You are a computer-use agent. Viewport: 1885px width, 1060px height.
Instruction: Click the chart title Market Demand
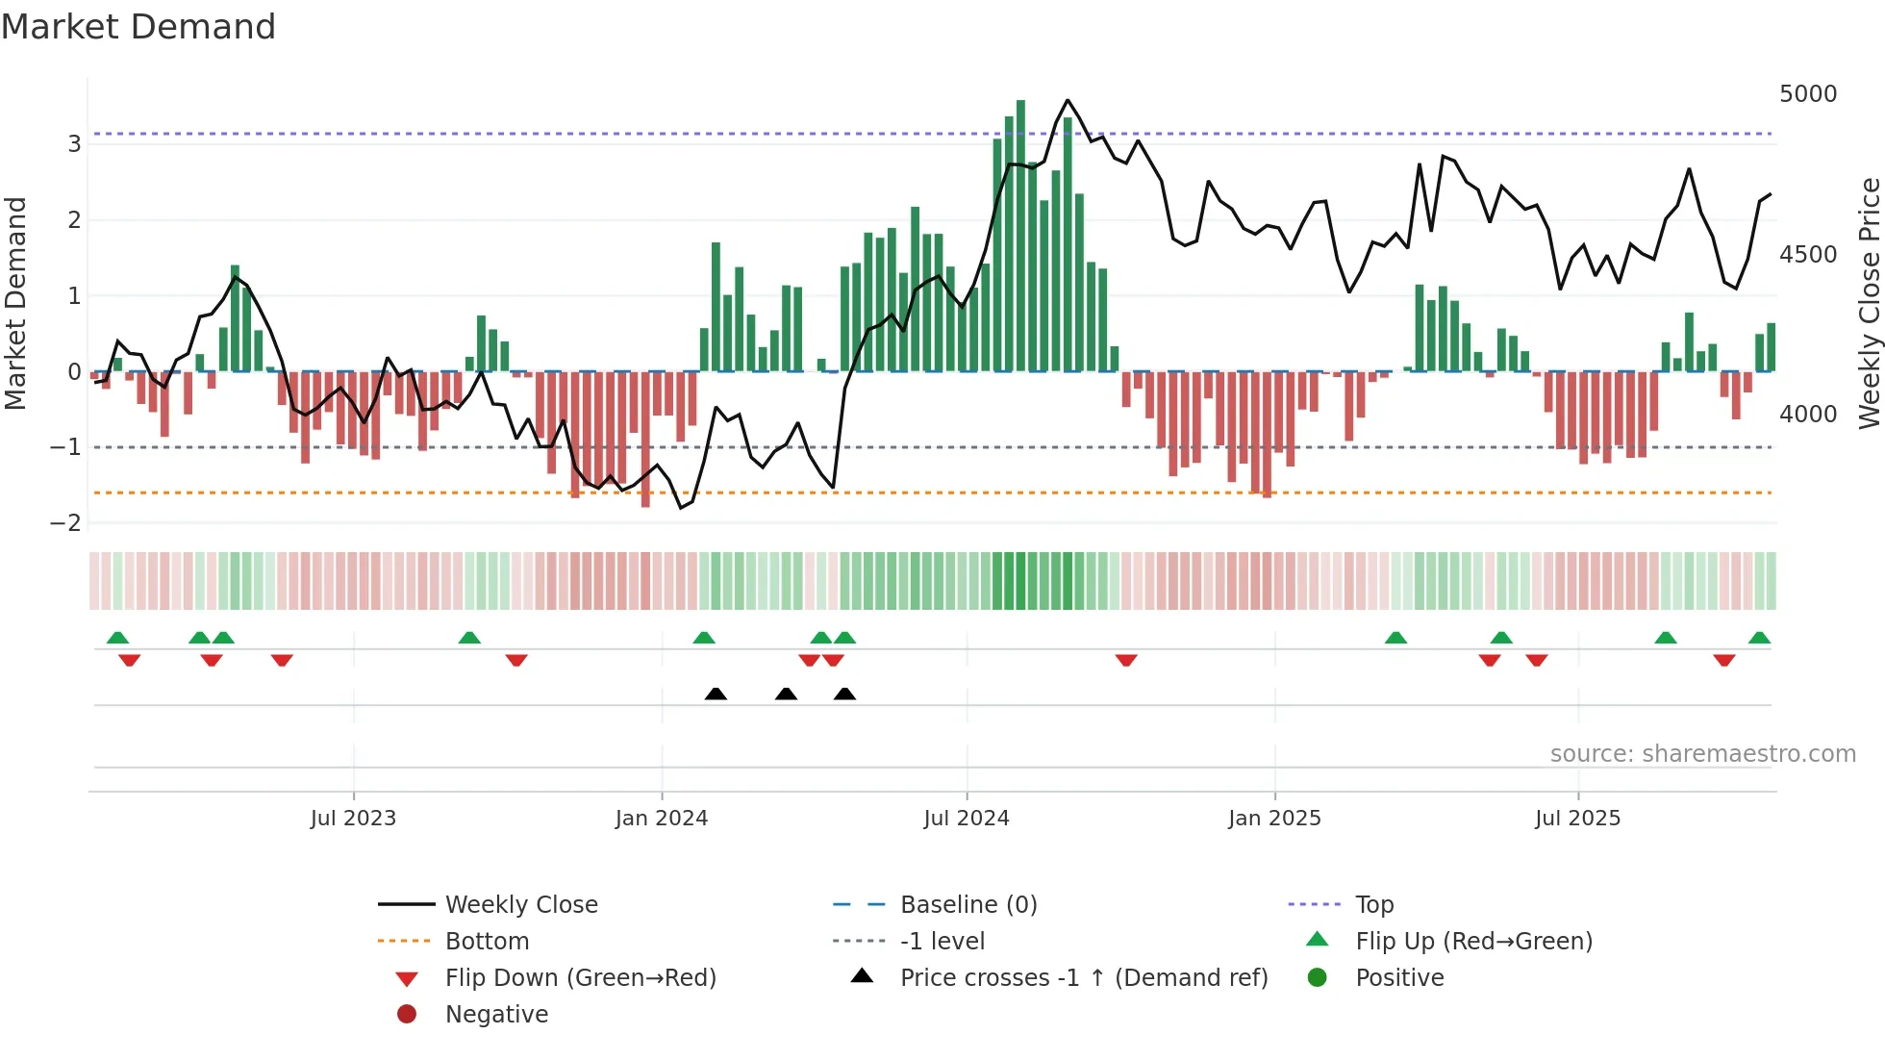[x=138, y=27]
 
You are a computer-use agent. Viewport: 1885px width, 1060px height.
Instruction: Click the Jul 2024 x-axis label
[x=967, y=819]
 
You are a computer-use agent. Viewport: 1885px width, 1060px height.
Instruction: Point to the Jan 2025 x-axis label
[x=1274, y=819]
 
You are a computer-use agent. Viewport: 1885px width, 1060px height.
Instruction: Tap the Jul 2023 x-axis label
[x=353, y=819]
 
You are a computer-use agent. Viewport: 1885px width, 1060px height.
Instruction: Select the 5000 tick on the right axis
[x=1808, y=94]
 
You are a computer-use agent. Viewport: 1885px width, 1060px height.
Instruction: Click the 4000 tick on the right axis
[x=1808, y=415]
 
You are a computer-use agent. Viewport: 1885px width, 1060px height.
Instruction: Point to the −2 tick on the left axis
[x=65, y=523]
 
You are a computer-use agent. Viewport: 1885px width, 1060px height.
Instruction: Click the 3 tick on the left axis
[x=74, y=144]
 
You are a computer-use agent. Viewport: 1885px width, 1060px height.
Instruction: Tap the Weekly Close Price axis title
[x=1869, y=303]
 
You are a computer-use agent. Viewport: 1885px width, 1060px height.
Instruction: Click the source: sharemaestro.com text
[x=1702, y=754]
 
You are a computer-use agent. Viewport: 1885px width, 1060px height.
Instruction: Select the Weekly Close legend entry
[x=520, y=905]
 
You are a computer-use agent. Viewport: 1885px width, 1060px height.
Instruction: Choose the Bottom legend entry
[x=487, y=942]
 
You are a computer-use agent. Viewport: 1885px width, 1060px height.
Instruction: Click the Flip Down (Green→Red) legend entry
[x=580, y=978]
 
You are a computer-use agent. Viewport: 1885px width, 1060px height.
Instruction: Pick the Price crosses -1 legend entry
[x=1084, y=978]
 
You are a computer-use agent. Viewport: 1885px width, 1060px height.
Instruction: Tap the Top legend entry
[x=1374, y=905]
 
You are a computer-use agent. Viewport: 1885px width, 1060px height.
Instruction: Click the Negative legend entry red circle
[x=407, y=1015]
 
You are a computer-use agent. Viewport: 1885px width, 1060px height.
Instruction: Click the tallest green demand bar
[x=1020, y=236]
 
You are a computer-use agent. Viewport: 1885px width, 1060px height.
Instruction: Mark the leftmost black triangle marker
[x=716, y=694]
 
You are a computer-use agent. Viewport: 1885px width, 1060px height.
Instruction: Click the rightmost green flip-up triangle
[x=1759, y=638]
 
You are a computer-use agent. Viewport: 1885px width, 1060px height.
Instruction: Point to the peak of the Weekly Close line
[x=1068, y=100]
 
